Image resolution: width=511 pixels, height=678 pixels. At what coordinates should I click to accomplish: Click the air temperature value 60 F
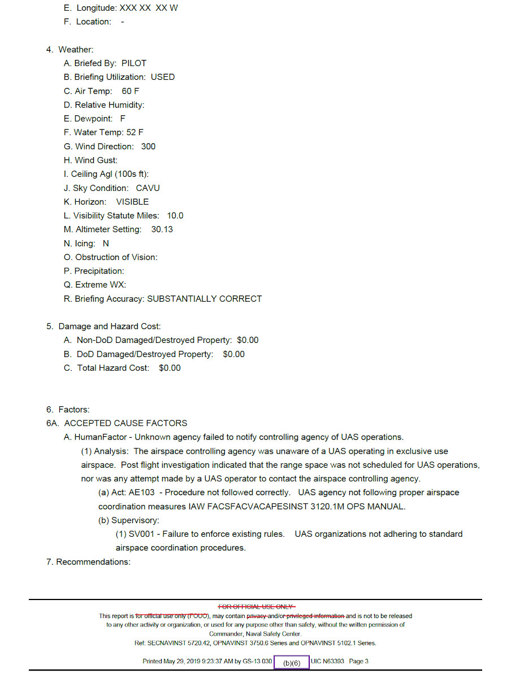pos(130,91)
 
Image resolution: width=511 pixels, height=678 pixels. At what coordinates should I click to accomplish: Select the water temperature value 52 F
pos(135,132)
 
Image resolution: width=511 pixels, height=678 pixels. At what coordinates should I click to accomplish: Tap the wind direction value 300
pos(148,146)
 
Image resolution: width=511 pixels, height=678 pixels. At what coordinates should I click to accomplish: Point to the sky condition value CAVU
pos(148,188)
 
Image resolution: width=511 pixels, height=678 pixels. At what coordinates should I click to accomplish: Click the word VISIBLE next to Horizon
pos(132,202)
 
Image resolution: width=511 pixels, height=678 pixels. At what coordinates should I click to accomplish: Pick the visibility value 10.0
pos(175,216)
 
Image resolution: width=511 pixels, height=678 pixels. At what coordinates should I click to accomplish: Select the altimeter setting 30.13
pos(162,229)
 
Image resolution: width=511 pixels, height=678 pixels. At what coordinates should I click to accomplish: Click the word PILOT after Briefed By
pos(133,63)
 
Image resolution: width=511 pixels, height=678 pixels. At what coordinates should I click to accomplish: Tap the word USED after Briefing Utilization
pos(163,77)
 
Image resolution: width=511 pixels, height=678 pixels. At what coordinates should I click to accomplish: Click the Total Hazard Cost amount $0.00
pos(170,368)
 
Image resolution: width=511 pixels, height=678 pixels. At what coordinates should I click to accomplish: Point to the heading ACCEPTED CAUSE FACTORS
pos(125,423)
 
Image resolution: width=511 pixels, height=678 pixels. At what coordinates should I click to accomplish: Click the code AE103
pos(141,493)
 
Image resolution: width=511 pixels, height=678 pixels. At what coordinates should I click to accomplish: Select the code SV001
pos(141,534)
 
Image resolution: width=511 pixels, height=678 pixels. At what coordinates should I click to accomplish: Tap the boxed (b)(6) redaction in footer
pos(292,662)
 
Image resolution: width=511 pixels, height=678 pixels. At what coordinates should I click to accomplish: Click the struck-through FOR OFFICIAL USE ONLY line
pos(255,606)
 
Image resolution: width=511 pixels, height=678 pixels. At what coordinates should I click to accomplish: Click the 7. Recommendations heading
pos(88,562)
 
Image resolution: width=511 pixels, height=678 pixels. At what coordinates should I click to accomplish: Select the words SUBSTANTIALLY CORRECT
pos(204,299)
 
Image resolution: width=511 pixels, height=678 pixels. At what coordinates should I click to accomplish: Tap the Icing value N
pos(106,244)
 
